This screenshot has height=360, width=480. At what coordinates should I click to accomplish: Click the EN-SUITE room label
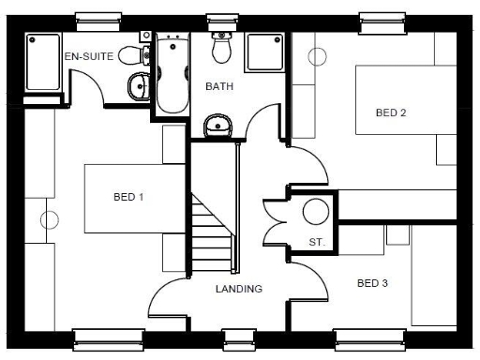pos(88,56)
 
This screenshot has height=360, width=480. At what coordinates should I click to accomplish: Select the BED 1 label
pos(128,197)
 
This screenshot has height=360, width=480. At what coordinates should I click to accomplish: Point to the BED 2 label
pos(390,112)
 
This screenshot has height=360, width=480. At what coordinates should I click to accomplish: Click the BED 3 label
pos(372,282)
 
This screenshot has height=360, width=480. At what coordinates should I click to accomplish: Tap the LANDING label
pos(238,289)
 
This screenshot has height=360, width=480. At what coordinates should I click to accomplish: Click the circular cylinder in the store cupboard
pos(315,212)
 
